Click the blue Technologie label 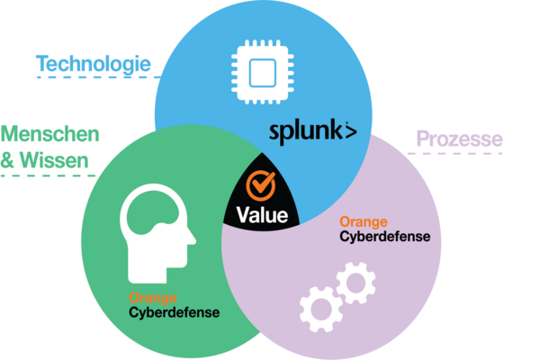(94, 65)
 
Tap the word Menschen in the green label (49, 134)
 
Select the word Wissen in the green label (54, 160)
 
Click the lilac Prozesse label (459, 139)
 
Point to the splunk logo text (312, 132)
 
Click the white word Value (262, 215)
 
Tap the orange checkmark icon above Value (261, 185)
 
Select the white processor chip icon (263, 72)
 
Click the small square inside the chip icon (263, 73)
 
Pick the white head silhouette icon (157, 234)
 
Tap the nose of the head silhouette (191, 238)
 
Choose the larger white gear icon (321, 310)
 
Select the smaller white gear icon (355, 283)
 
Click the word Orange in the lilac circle (364, 221)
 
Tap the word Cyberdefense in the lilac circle (385, 237)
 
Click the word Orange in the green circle (153, 298)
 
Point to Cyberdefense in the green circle (175, 313)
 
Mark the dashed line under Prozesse (455, 153)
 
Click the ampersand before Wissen (7, 160)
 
